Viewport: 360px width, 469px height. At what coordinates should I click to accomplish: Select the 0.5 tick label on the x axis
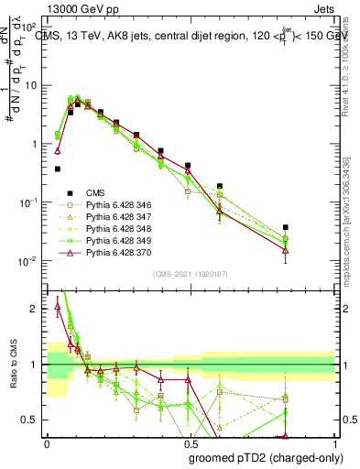[191, 442]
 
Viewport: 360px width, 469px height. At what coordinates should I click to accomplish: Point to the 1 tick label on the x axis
[336, 442]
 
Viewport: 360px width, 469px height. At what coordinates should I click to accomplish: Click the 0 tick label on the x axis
[47, 442]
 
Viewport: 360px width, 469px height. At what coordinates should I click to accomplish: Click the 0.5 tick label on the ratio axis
[32, 420]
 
